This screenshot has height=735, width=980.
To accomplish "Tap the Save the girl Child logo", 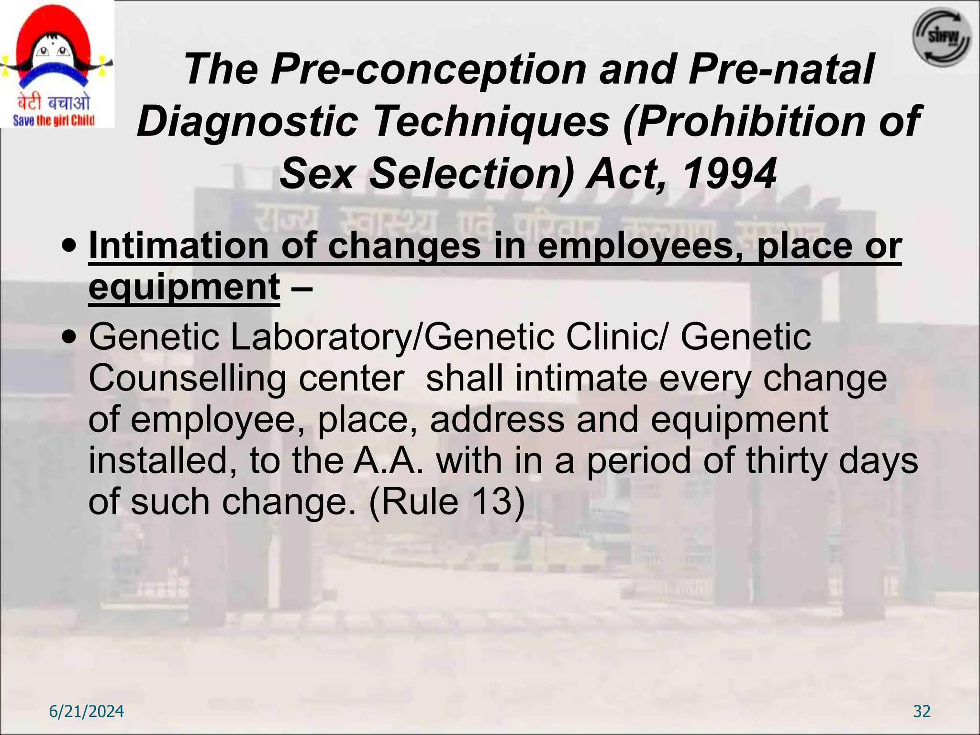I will point(56,64).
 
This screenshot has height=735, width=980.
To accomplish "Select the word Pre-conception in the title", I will point(428,69).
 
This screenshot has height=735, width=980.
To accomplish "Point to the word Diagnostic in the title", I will point(247,122).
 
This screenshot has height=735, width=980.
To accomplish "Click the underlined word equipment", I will point(184,287).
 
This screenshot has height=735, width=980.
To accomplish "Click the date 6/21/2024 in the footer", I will point(87,712).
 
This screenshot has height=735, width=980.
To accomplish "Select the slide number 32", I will point(922,712).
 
